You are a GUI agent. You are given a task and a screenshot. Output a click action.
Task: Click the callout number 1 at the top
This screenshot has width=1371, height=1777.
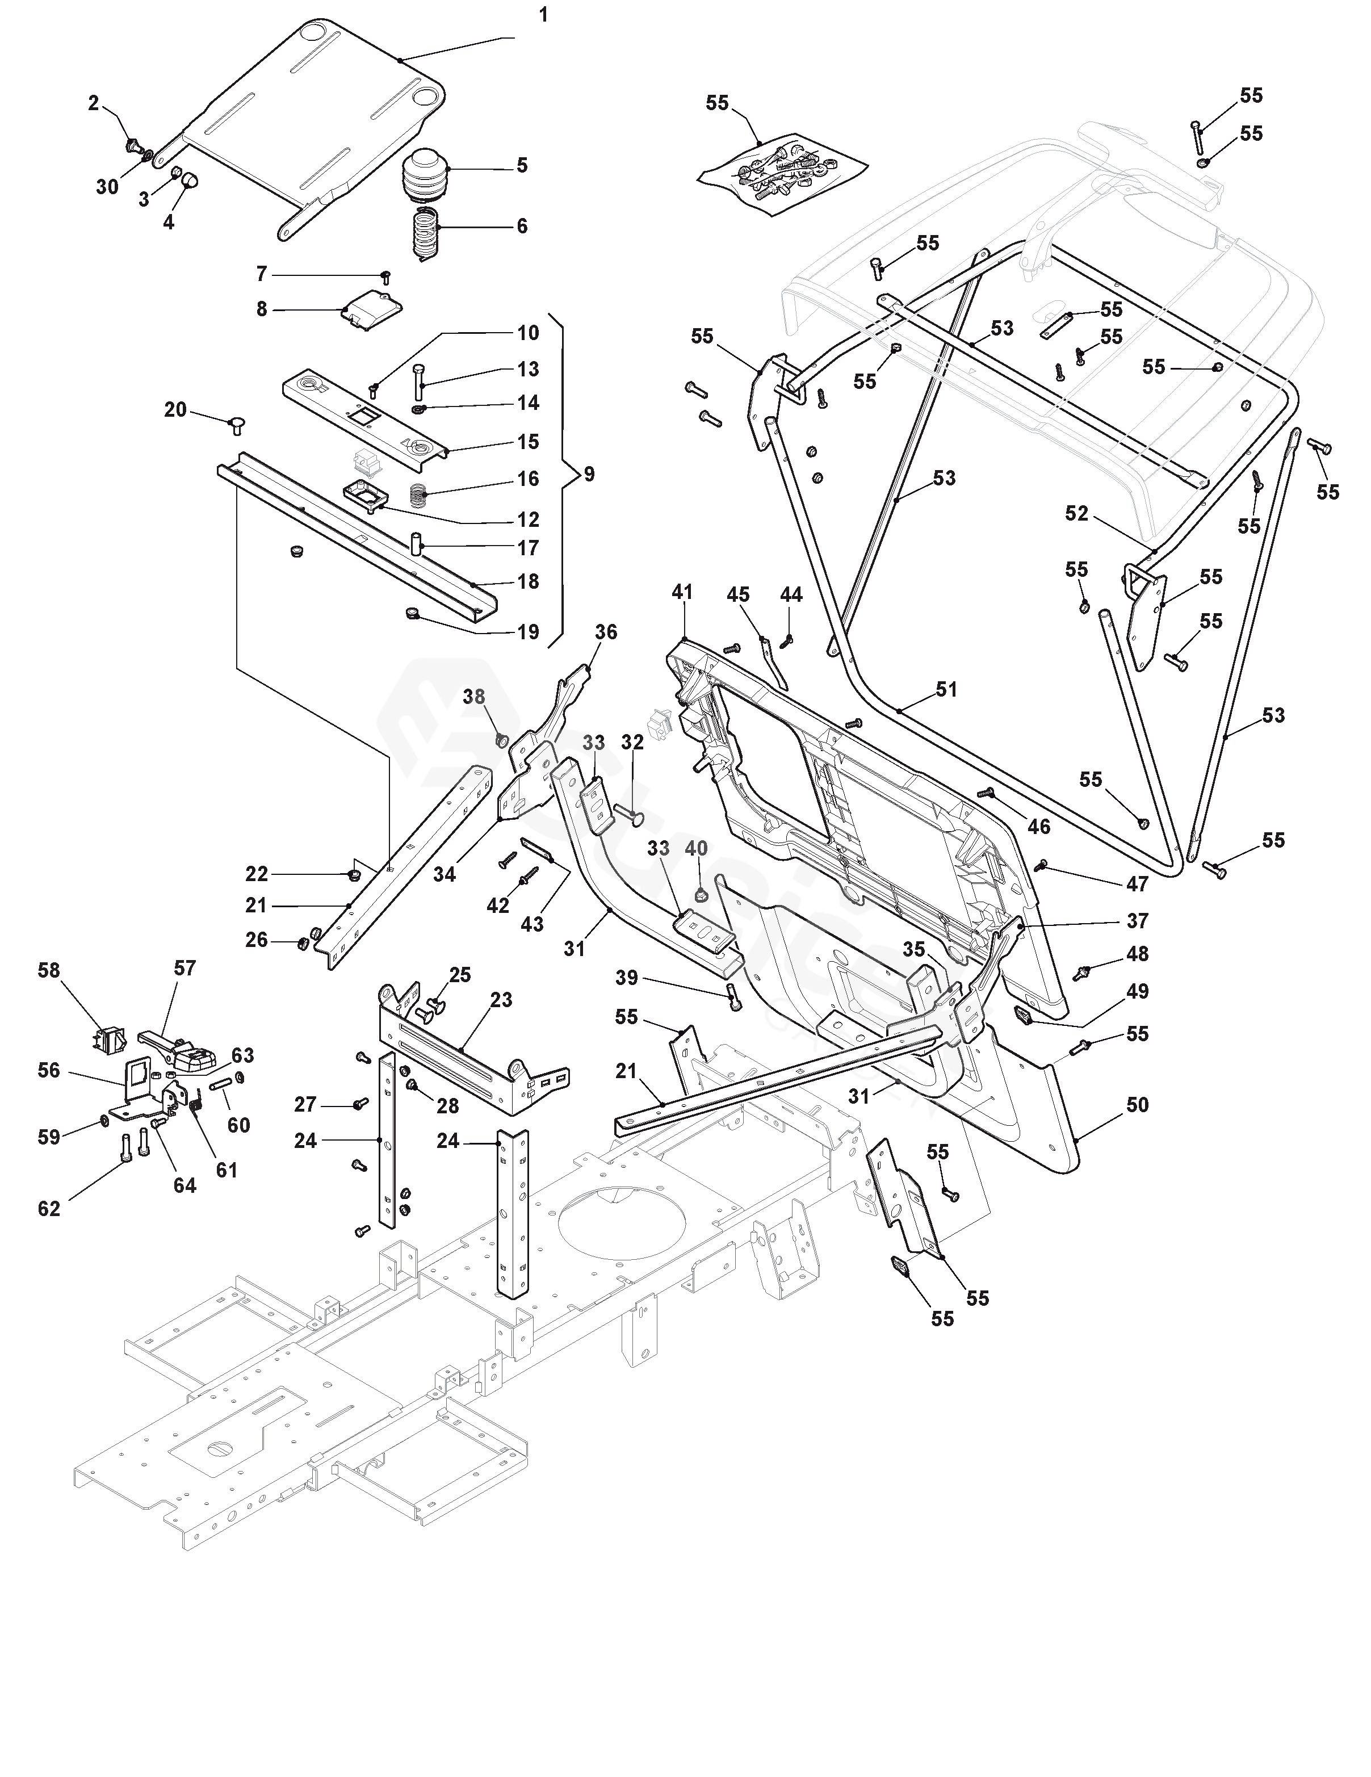tap(543, 15)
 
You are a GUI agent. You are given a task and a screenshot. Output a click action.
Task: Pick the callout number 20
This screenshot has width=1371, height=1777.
tap(176, 410)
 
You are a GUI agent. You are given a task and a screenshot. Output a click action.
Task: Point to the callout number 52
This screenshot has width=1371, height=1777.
tap(1076, 513)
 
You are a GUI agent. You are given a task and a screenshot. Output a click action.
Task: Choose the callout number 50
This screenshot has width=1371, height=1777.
tap(1138, 1104)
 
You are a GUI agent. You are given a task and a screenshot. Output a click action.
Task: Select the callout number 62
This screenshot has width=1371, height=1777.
tap(49, 1208)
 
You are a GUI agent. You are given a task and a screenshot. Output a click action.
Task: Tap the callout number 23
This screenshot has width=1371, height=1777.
tap(501, 999)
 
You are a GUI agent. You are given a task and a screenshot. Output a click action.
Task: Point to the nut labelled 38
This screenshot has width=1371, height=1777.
tap(502, 740)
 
